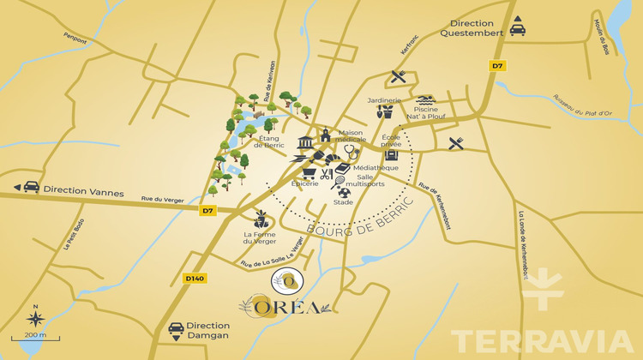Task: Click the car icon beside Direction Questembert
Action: pyautogui.click(x=518, y=27)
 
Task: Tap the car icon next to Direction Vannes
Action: pyautogui.click(x=30, y=187)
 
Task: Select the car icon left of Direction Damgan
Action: pyautogui.click(x=176, y=329)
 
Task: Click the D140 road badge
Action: pyautogui.click(x=195, y=278)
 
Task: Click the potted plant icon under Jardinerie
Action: pyautogui.click(x=387, y=112)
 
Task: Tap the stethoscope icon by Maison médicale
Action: pyautogui.click(x=350, y=150)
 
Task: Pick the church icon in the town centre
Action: pyautogui.click(x=326, y=135)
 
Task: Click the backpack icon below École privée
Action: pyautogui.click(x=391, y=156)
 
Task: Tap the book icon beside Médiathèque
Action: pyautogui.click(x=343, y=169)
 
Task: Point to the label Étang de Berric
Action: pyautogui.click(x=248, y=143)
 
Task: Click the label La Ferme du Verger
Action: pyautogui.click(x=259, y=238)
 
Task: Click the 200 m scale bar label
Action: pyautogui.click(x=35, y=335)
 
